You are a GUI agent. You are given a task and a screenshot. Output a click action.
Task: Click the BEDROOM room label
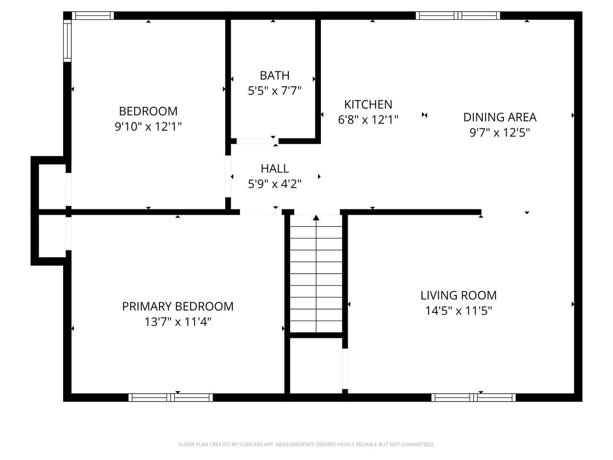pyautogui.click(x=148, y=111)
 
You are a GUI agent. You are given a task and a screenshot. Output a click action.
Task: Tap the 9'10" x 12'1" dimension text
pyautogui.click(x=148, y=127)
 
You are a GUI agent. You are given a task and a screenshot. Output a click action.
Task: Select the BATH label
pyautogui.click(x=274, y=75)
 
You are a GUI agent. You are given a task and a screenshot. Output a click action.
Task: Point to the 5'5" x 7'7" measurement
pyautogui.click(x=274, y=91)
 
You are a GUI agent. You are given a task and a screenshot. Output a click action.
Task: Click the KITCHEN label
pyautogui.click(x=368, y=104)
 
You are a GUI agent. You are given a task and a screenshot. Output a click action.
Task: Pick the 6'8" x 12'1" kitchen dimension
pyautogui.click(x=368, y=120)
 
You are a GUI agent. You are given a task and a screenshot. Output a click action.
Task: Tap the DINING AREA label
pyautogui.click(x=499, y=117)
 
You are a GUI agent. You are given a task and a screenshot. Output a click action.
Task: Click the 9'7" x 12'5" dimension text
pyautogui.click(x=499, y=132)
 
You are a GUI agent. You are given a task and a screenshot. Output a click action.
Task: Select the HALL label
pyautogui.click(x=274, y=169)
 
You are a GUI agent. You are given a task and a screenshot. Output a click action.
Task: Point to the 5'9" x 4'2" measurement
pyautogui.click(x=274, y=184)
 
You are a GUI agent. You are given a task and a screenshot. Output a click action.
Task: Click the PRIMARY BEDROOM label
pyautogui.click(x=178, y=306)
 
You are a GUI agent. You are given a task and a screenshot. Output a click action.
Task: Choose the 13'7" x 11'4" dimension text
pyautogui.click(x=178, y=322)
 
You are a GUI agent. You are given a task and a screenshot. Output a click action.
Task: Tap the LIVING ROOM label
pyautogui.click(x=458, y=295)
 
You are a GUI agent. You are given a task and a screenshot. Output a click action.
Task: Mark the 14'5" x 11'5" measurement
pyautogui.click(x=458, y=311)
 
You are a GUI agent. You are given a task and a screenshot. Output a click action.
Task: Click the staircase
pyautogui.click(x=316, y=276)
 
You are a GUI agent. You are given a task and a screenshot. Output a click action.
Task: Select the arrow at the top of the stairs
pyautogui.click(x=316, y=218)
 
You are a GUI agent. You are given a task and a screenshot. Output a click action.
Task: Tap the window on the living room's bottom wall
pyautogui.click(x=473, y=397)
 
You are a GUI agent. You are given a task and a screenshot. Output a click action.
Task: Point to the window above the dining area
pyautogui.click(x=458, y=15)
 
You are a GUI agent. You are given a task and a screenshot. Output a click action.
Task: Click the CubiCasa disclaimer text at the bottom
pyautogui.click(x=306, y=445)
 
